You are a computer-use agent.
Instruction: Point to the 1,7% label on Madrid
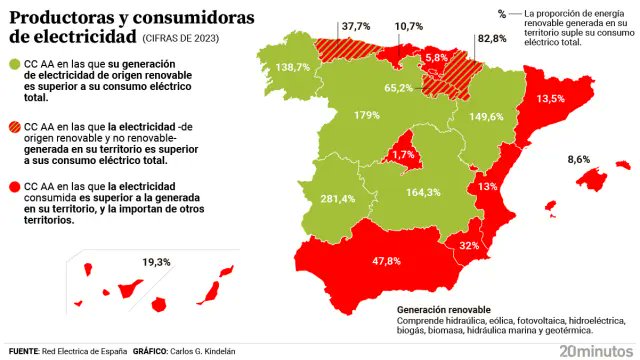(403, 155)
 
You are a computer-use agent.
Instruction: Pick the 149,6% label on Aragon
(486, 117)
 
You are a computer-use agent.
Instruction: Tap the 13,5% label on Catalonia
(551, 100)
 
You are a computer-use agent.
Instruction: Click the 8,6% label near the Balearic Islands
(579, 160)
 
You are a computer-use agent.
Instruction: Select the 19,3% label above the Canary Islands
(156, 262)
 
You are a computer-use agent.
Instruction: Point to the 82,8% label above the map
(492, 39)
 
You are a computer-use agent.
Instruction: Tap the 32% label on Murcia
(469, 245)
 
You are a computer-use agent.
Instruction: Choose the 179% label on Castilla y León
(366, 116)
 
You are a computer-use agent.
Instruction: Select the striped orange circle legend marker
(15, 127)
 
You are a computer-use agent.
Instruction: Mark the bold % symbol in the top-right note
(501, 13)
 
